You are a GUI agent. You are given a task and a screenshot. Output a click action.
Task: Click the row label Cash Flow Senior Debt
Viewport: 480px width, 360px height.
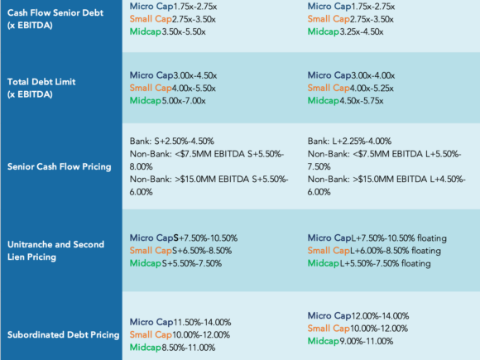click(55, 19)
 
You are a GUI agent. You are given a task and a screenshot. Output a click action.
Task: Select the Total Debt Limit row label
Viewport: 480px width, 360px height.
click(41, 88)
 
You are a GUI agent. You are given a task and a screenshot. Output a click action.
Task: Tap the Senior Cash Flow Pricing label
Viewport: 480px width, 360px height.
click(59, 166)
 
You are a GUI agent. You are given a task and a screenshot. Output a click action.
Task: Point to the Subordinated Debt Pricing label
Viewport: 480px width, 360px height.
click(63, 334)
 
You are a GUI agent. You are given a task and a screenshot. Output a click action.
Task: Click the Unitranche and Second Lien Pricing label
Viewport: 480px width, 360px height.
click(55, 251)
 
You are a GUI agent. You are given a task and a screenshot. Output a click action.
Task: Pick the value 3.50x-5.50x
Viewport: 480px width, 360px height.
click(184, 31)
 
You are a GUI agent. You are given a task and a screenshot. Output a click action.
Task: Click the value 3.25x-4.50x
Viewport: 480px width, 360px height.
click(362, 31)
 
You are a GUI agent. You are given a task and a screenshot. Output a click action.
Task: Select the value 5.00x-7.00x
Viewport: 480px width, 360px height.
click(184, 101)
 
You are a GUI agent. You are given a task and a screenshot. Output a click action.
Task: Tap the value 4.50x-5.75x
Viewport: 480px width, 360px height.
click(362, 101)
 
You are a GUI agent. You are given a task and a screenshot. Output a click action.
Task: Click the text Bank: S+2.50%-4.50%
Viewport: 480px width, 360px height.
click(172, 142)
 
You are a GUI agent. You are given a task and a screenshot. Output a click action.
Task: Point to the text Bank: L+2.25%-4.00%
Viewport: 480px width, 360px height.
click(349, 142)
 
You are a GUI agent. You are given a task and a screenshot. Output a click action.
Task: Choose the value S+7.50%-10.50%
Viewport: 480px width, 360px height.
click(205, 238)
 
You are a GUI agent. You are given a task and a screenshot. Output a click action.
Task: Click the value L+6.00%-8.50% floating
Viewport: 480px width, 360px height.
click(396, 251)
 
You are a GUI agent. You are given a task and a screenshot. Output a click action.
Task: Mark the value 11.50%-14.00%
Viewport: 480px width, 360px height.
click(203, 322)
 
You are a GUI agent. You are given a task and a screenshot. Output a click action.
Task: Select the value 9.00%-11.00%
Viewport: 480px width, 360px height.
click(367, 341)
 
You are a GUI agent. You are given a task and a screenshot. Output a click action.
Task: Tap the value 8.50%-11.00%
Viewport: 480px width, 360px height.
click(189, 348)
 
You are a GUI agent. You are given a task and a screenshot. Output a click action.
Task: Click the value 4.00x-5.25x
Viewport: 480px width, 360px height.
click(372, 89)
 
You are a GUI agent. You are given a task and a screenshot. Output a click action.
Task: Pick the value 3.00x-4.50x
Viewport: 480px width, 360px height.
click(195, 75)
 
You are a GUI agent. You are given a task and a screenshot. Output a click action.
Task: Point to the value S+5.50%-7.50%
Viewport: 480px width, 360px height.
click(192, 263)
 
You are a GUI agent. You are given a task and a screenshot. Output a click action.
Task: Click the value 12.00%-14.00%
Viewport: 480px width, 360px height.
click(380, 316)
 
